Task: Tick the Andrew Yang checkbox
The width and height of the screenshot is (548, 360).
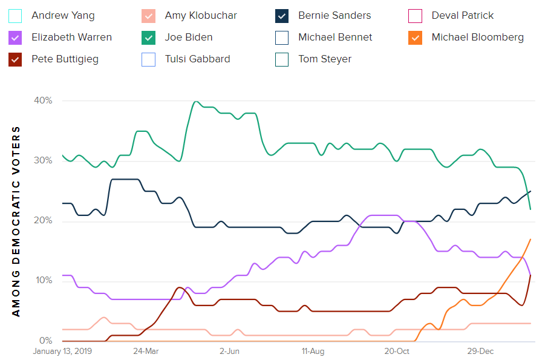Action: click(x=16, y=16)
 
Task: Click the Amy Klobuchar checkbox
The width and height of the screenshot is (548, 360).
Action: click(x=149, y=16)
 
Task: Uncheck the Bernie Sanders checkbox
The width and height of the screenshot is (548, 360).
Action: click(x=282, y=16)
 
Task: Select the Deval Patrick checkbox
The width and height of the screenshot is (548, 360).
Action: click(x=416, y=16)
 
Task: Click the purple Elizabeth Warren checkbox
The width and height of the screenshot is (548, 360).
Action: click(x=16, y=38)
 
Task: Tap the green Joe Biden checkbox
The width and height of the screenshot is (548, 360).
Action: click(x=149, y=38)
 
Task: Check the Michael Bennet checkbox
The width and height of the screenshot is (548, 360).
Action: click(x=282, y=38)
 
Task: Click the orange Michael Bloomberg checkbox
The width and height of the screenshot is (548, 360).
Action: click(x=416, y=38)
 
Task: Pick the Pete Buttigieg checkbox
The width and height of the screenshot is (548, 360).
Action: click(x=16, y=59)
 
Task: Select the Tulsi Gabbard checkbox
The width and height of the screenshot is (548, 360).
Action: click(x=149, y=59)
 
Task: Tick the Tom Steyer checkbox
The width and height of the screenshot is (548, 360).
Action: click(x=282, y=59)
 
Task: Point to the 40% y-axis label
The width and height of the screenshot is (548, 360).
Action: click(x=41, y=100)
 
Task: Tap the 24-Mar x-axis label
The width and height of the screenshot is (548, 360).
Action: click(x=146, y=351)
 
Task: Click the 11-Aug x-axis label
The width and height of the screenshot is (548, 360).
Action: click(x=313, y=351)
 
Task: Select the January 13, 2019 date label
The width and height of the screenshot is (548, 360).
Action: click(x=62, y=351)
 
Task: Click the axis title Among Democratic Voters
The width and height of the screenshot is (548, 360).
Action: click(x=16, y=221)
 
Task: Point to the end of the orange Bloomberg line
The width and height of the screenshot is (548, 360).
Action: click(x=530, y=239)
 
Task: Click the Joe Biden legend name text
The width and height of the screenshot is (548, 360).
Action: click(x=189, y=38)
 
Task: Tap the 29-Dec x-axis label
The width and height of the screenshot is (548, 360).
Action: click(x=481, y=351)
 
